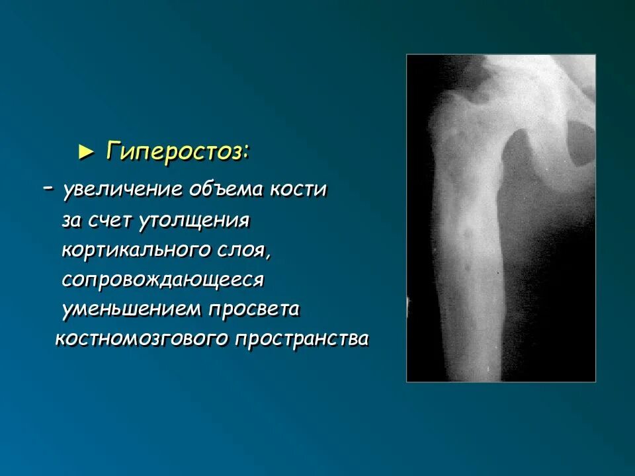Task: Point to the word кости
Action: pos(299,190)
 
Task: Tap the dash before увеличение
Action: pos(48,188)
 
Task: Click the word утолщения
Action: pos(194,221)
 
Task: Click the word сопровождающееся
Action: pos(163,280)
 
